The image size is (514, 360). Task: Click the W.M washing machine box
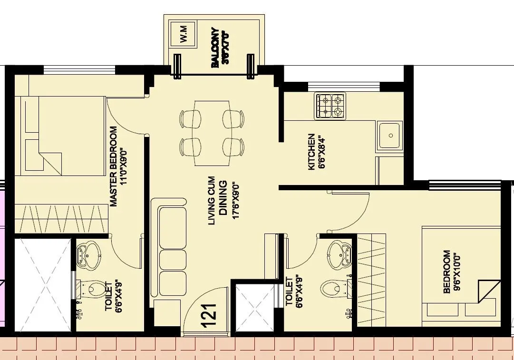coord(183,33)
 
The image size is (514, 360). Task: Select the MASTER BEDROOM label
coord(114,166)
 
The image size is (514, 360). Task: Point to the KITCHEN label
coord(311,152)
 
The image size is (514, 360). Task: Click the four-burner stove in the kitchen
coord(330,106)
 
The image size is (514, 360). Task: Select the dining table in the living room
coord(212,133)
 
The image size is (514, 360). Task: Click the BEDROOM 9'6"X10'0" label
coord(447,272)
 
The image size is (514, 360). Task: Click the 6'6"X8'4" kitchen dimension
coord(322,152)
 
